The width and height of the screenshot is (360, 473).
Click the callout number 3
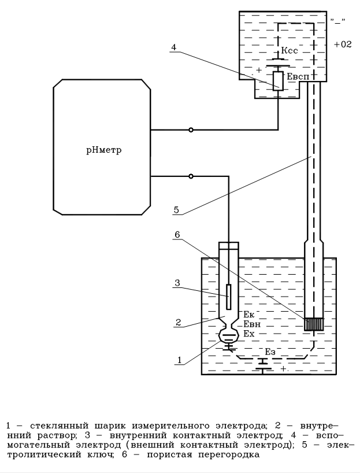tap(176, 283)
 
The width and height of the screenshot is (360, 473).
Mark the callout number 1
tap(180, 360)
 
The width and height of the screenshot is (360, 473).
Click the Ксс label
tap(290, 51)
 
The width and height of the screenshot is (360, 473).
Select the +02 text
tap(343, 44)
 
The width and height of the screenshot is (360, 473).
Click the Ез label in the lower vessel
tap(270, 352)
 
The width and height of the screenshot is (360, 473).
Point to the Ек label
tap(249, 315)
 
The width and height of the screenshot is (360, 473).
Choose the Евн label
tap(251, 324)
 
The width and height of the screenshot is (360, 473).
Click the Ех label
tap(249, 334)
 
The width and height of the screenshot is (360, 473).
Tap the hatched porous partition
tap(313, 323)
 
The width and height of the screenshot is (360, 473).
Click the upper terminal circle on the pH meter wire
tap(191, 130)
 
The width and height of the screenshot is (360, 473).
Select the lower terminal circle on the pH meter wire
tap(191, 176)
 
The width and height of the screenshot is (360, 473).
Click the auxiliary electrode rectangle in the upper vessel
tap(278, 80)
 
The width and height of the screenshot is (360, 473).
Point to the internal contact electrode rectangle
tap(229, 296)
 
